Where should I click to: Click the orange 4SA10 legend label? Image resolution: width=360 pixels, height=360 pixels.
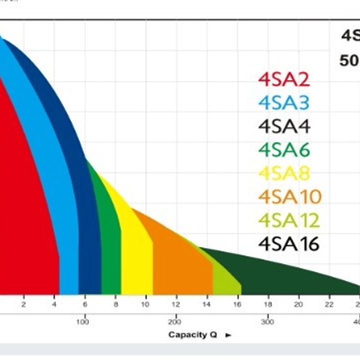pos(290,197)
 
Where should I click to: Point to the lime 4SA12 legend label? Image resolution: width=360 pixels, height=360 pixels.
pos(289,220)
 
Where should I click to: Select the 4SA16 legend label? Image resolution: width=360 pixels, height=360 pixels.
pos(289,244)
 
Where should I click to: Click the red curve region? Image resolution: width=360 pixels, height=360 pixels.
pos(28,200)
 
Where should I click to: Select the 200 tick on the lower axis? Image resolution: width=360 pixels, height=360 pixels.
pos(175,321)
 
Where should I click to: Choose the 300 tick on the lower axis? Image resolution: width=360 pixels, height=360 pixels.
pos(268,321)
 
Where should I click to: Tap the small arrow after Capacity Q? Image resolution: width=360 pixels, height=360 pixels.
pos(229,335)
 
